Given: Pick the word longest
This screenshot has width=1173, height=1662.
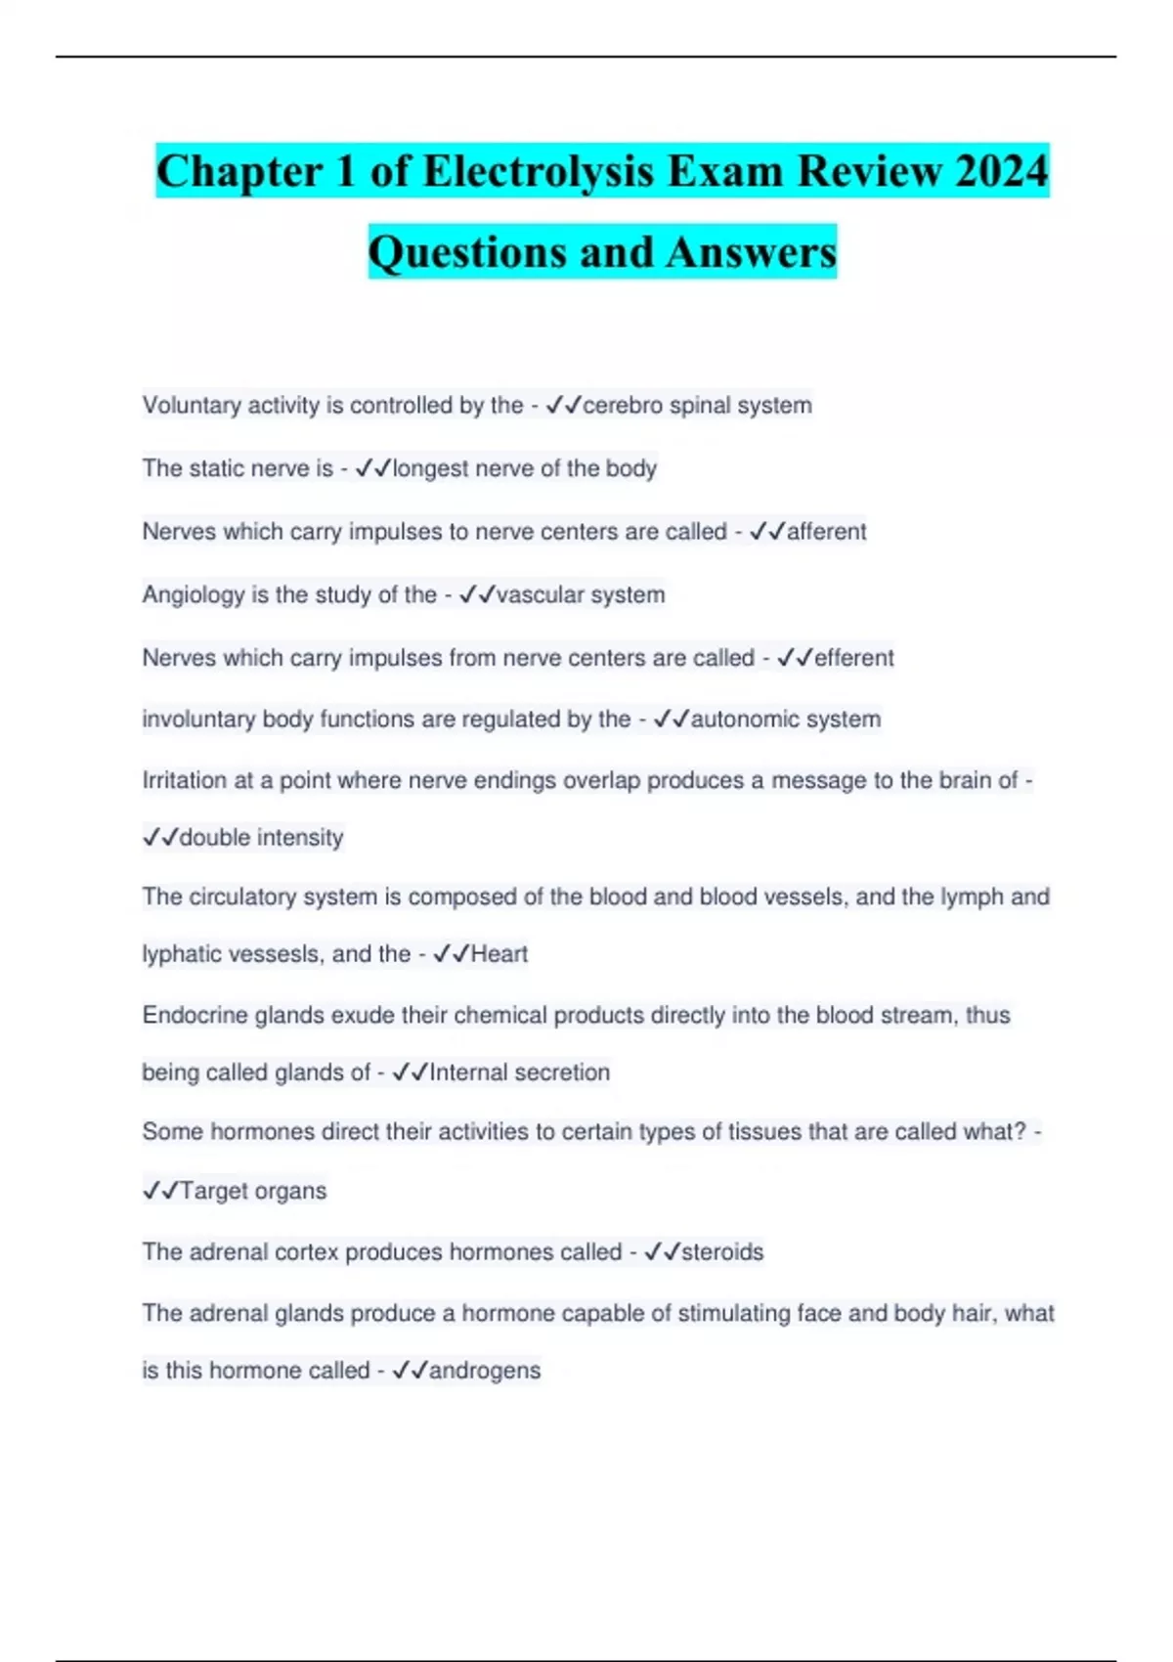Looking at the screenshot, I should (x=431, y=468).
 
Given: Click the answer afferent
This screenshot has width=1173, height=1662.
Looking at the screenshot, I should (x=827, y=532).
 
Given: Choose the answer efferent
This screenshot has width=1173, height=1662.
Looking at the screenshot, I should (x=854, y=658).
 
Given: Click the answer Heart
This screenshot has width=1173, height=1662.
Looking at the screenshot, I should (x=500, y=954).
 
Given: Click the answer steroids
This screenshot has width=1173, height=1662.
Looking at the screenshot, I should (x=722, y=1252).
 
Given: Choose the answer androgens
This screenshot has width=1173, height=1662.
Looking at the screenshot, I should (x=485, y=1371).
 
